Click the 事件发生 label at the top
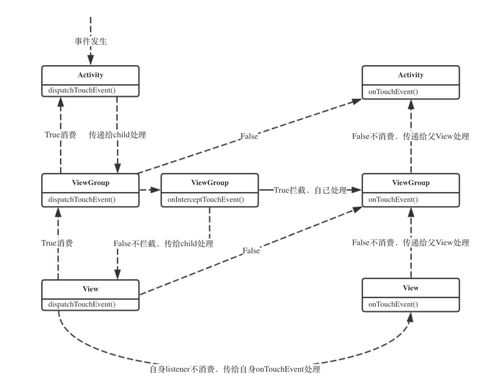tap(90, 42)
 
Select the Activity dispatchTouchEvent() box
tap(90, 81)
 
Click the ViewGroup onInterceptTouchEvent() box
tap(210, 190)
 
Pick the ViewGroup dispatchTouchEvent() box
tap(90, 190)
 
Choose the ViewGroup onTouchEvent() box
tap(410, 190)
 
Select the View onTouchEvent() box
tap(410, 295)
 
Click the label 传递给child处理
tap(117, 135)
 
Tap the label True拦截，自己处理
tap(310, 191)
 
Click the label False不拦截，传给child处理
tap(163, 244)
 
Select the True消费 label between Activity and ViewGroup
tap(60, 135)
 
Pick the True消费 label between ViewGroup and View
tap(57, 243)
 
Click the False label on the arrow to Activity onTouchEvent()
tap(249, 136)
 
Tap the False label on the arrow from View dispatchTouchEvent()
tap(251, 251)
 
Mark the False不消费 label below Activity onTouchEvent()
tap(410, 137)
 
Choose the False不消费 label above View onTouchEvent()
tap(410, 243)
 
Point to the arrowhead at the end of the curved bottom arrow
tap(410, 317)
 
